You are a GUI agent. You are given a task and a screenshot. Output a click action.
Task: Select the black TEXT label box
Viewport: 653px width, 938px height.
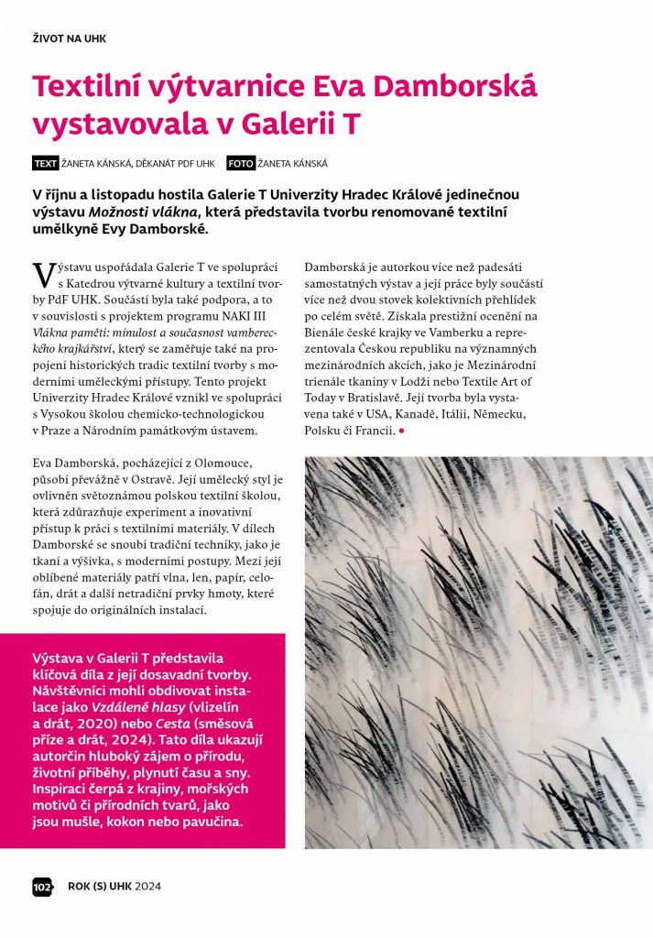coord(45,164)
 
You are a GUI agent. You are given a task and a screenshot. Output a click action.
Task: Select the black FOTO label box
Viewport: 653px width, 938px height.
coord(240,164)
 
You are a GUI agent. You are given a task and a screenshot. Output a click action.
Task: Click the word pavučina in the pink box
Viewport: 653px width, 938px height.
coord(211,822)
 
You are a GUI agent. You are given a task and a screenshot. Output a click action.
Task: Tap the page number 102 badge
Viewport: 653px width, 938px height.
coord(42,886)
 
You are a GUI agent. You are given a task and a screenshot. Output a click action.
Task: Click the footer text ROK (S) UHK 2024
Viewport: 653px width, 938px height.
coord(114,886)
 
